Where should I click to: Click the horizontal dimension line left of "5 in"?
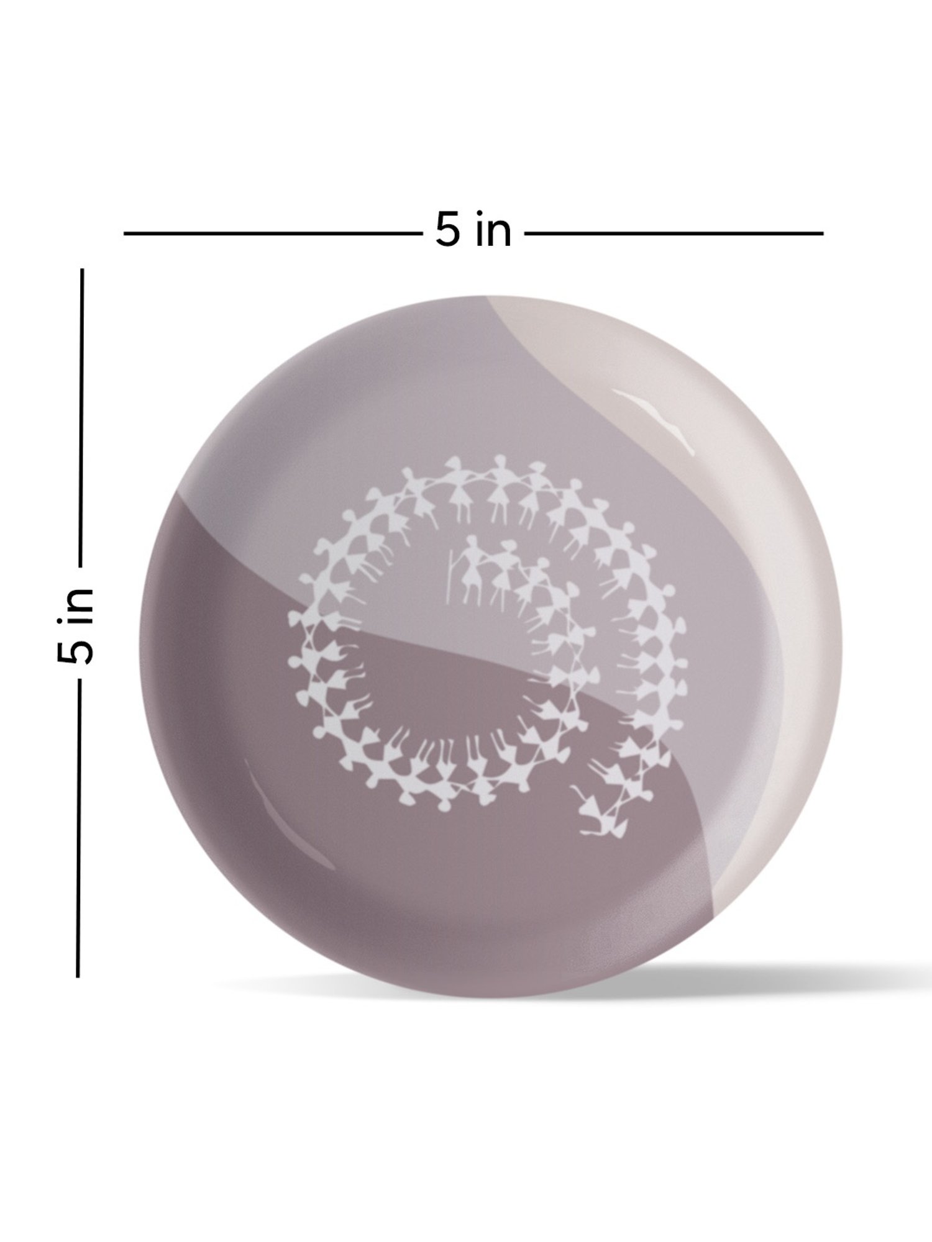(x=270, y=233)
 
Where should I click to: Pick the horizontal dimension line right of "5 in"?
(x=674, y=233)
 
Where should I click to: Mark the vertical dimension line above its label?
(x=81, y=417)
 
